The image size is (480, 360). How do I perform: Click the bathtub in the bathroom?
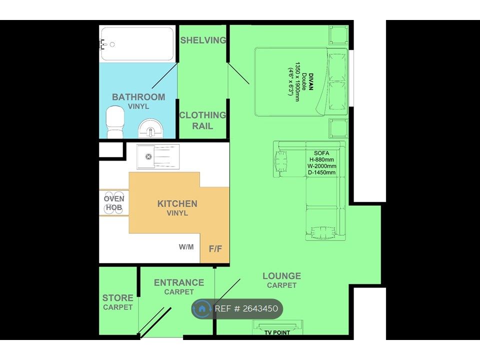137,44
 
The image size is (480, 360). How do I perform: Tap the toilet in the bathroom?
115,122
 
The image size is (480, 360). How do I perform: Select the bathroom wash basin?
151,128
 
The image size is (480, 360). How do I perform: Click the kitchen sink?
158,156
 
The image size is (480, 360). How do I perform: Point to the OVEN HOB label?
114,203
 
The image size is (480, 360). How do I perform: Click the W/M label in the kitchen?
186,246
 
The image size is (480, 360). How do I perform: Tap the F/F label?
215,249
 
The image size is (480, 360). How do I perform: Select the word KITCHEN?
177,204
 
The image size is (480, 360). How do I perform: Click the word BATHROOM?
138,97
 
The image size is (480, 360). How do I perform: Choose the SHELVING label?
203,40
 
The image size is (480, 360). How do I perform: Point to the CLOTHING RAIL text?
202,120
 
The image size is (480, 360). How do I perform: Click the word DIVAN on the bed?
311,81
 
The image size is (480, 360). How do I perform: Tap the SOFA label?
321,153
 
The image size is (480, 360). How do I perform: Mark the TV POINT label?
277,332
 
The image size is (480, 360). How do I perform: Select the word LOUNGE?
281,276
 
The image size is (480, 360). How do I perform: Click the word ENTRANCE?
179,282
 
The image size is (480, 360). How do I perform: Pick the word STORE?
117,298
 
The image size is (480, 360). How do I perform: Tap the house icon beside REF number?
202,308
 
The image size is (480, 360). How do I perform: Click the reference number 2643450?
260,308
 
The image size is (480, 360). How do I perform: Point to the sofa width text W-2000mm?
321,166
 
